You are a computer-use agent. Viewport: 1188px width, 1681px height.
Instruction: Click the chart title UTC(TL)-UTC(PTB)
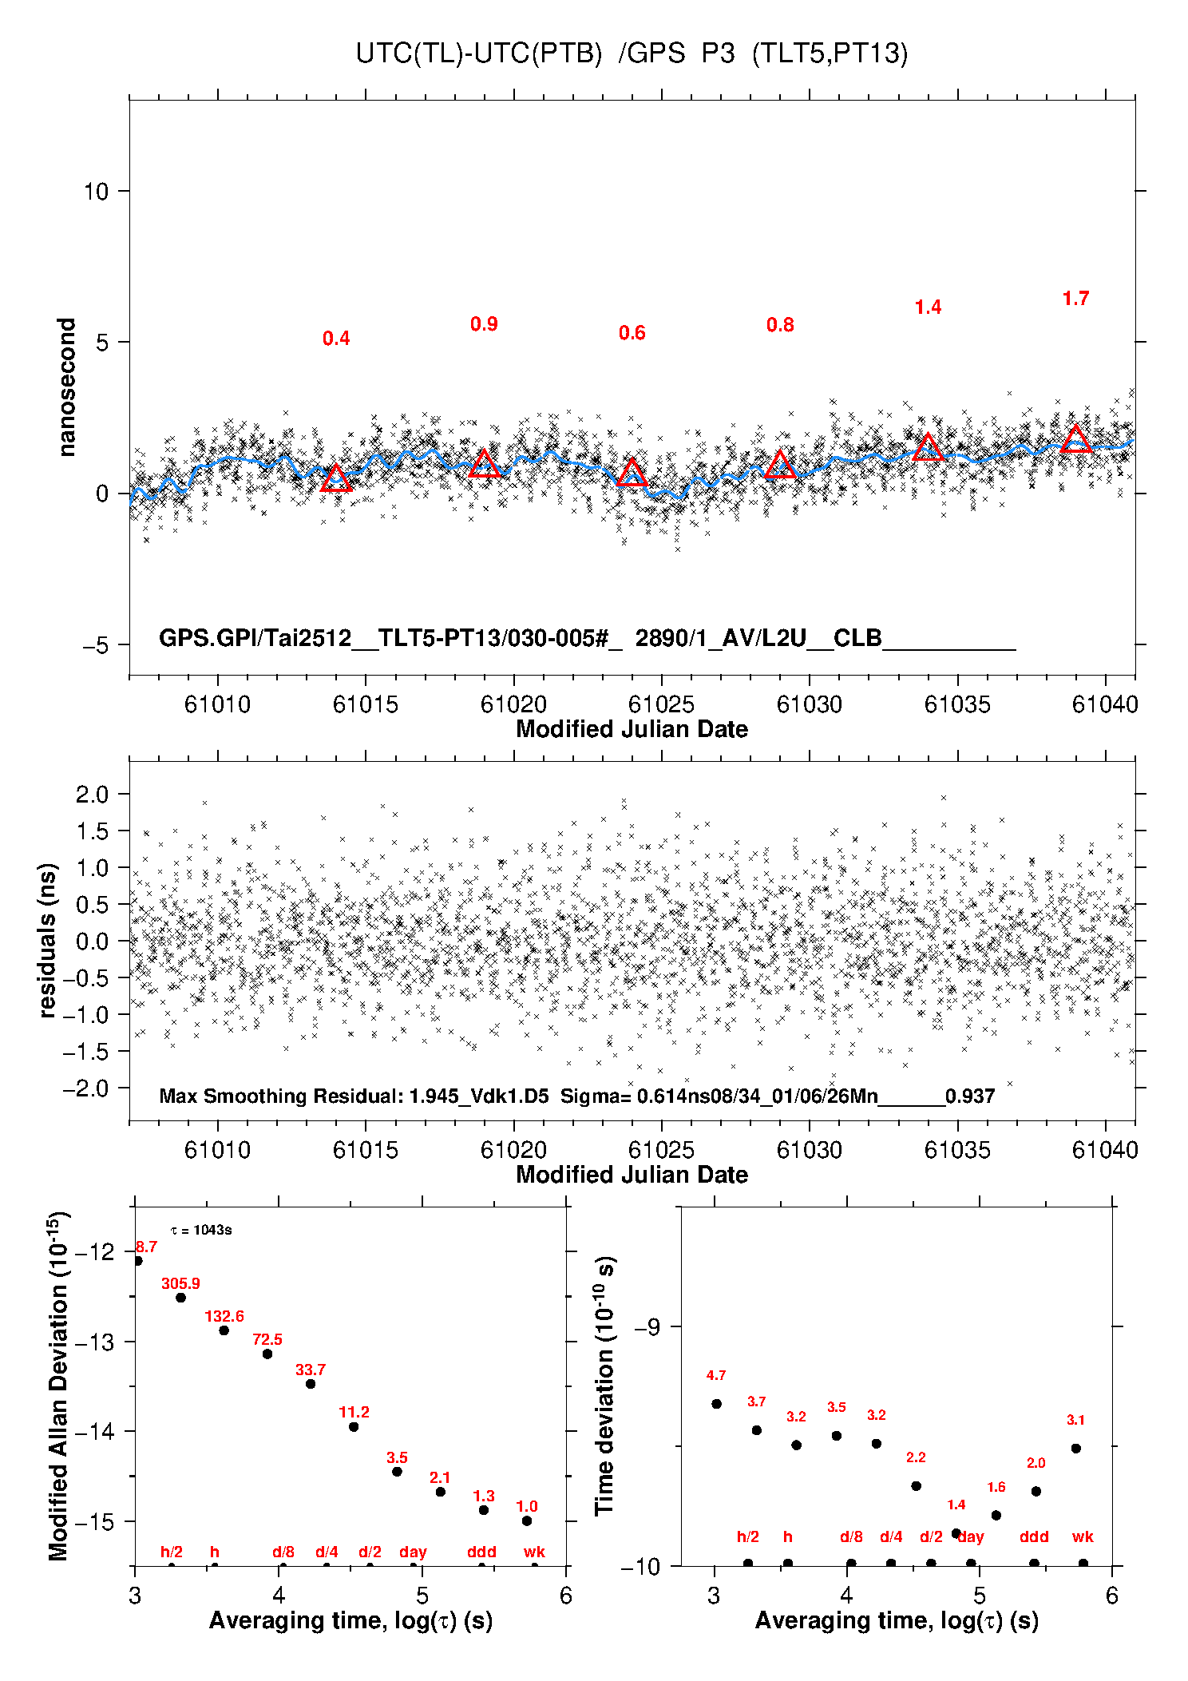coord(478,54)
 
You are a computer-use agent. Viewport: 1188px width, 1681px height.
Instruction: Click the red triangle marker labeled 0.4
coord(336,478)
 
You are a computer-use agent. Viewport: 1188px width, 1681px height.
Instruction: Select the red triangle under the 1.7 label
coord(1076,439)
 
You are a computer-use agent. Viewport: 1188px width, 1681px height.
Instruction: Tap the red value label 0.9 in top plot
coord(484,324)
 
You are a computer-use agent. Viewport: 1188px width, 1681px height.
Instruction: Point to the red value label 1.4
coord(928,307)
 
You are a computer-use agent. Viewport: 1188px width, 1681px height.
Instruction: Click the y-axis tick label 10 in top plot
coord(96,192)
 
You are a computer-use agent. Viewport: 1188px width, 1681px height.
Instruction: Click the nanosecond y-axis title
coord(67,387)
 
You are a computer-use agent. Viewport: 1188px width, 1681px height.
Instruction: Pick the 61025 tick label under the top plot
coord(661,704)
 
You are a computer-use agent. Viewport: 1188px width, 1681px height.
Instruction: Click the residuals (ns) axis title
coord(48,941)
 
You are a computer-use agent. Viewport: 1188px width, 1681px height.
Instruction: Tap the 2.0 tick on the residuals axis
coord(92,795)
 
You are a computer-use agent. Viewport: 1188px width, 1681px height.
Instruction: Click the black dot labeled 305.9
coord(180,1298)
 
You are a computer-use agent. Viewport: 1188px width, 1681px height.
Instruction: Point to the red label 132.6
coord(224,1316)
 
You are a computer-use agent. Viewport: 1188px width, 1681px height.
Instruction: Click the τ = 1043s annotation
coord(201,1230)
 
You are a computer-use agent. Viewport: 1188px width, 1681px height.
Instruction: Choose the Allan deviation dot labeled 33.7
coord(311,1384)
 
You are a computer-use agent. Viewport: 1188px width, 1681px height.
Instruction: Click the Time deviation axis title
coord(605,1386)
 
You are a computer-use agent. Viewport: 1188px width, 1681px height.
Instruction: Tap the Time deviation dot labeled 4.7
coord(716,1404)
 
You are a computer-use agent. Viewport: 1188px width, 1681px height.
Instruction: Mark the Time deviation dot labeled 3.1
coord(1075,1449)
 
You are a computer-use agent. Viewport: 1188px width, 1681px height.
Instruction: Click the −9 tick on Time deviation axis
coord(647,1327)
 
